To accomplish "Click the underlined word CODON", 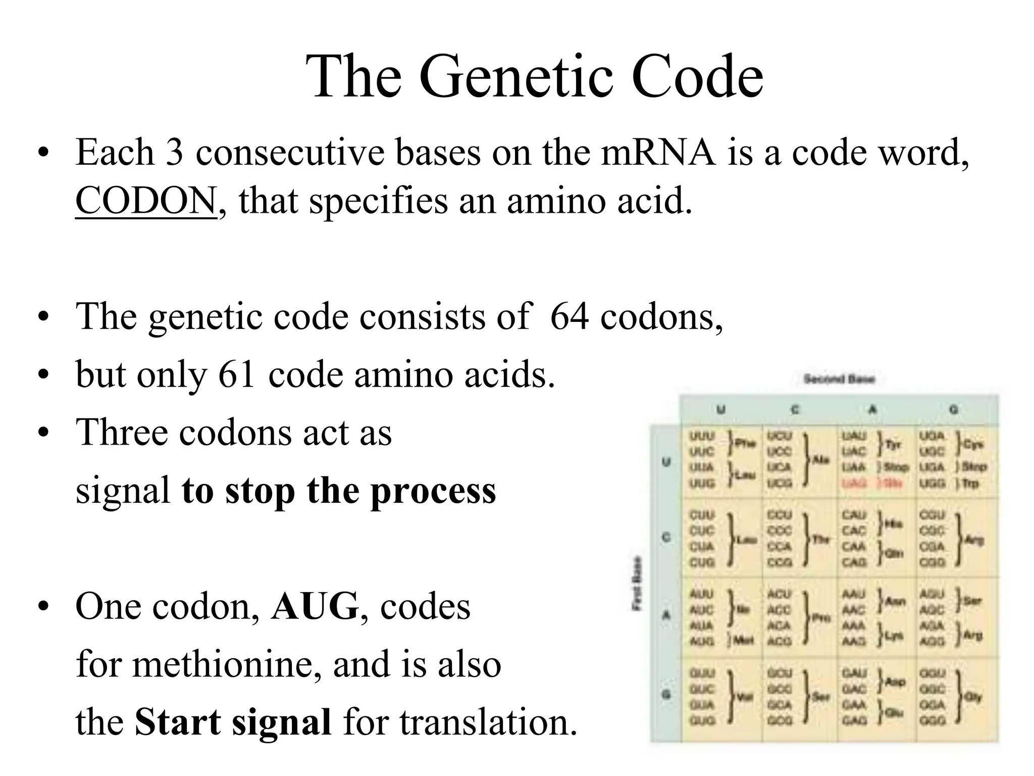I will click(x=146, y=201).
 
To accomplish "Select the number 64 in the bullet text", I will click(x=569, y=317).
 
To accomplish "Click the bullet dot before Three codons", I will click(x=44, y=433).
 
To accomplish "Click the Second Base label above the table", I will click(x=839, y=379).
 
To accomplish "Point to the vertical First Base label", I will click(x=637, y=584).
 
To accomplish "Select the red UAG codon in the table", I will click(x=854, y=483).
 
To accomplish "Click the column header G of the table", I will click(x=954, y=410).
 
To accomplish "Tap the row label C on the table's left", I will click(x=666, y=538).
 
